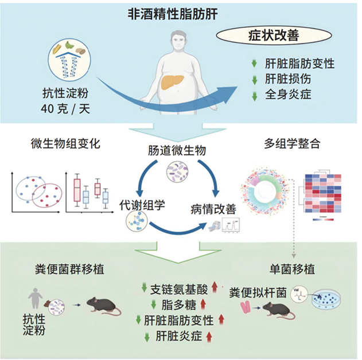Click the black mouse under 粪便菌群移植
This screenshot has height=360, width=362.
coord(104,307)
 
